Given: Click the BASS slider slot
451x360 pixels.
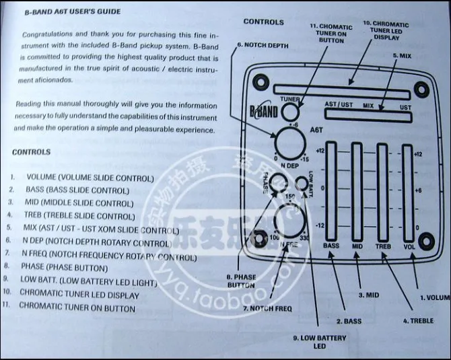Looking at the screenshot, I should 331,192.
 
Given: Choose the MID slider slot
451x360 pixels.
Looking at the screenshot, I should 357,192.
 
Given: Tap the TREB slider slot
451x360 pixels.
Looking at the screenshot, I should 382,192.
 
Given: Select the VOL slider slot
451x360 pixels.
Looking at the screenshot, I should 407,192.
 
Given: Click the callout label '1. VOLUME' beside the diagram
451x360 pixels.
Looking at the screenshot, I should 435,297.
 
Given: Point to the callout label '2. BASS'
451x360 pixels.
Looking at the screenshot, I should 348,321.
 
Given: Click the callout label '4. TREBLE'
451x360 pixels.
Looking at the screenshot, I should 418,321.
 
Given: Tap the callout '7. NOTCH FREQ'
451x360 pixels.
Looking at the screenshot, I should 267,309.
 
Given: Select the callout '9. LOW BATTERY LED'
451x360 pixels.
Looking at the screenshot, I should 319,341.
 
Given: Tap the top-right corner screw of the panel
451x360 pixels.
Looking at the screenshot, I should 421,88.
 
